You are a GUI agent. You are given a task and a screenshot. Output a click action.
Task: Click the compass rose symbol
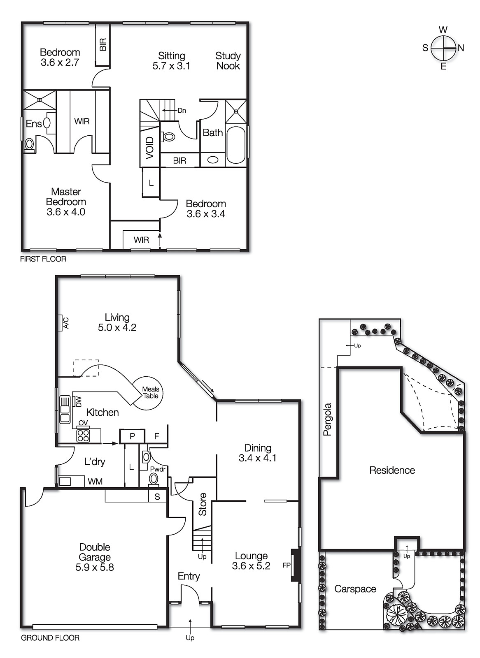click(443, 48)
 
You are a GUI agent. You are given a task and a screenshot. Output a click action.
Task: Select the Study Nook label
click(228, 61)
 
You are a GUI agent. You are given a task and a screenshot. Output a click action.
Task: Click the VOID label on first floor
click(149, 147)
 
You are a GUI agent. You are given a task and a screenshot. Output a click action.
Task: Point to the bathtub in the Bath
click(236, 144)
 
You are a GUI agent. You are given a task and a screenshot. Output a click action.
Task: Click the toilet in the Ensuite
click(29, 144)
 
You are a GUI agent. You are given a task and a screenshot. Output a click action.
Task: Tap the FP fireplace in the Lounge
click(295, 565)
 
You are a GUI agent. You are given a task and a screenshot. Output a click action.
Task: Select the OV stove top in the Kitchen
click(83, 435)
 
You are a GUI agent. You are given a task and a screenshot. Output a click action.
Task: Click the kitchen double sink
click(65, 409)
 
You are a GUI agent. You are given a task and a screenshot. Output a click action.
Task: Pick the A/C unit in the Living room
click(63, 323)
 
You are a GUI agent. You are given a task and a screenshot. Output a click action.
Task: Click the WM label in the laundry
click(95, 481)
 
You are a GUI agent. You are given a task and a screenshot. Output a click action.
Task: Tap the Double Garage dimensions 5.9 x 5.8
click(95, 567)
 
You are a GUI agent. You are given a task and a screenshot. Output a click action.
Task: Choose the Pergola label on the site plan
click(327, 419)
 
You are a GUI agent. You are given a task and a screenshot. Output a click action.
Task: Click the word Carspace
click(355, 589)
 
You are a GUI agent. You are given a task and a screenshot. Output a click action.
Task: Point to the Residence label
click(392, 470)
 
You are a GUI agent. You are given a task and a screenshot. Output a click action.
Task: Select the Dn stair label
click(182, 110)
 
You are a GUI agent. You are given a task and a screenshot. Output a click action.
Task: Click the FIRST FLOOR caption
click(43, 259)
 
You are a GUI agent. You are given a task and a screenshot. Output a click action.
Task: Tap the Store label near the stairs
click(203, 504)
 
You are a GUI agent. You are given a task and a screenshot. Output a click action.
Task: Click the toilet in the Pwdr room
click(154, 479)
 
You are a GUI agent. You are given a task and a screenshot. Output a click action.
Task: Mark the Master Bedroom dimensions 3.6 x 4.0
click(66, 212)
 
